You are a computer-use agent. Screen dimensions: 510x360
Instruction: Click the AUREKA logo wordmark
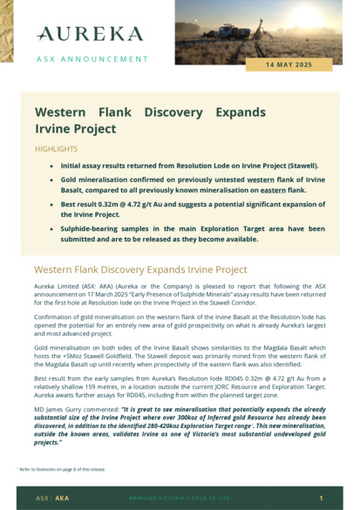90,34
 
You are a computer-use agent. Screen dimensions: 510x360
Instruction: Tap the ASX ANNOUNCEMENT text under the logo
92,59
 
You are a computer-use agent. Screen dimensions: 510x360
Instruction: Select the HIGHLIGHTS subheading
56,149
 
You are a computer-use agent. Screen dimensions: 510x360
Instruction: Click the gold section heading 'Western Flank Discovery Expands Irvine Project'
140,269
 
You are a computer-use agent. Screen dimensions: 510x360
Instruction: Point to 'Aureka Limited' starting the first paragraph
54,286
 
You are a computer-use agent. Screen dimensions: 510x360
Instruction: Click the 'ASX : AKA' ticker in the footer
52,499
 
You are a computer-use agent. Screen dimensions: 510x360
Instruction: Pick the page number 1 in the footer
321,499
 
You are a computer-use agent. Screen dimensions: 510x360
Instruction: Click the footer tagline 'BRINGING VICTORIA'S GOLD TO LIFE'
180,499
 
